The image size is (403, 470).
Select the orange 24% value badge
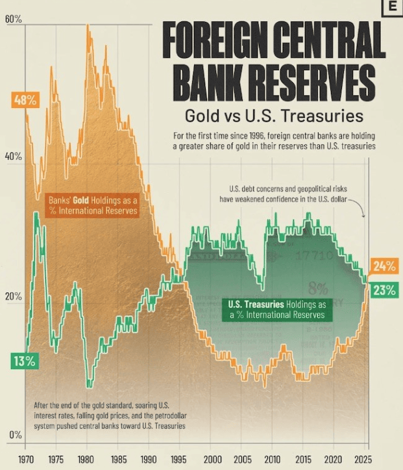(384, 265)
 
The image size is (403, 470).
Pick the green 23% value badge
(384, 290)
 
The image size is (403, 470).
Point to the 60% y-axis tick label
(13, 20)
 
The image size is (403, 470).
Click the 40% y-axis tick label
(13, 157)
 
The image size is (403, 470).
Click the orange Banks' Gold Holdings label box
(93, 205)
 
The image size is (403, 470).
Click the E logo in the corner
(391, 7)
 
